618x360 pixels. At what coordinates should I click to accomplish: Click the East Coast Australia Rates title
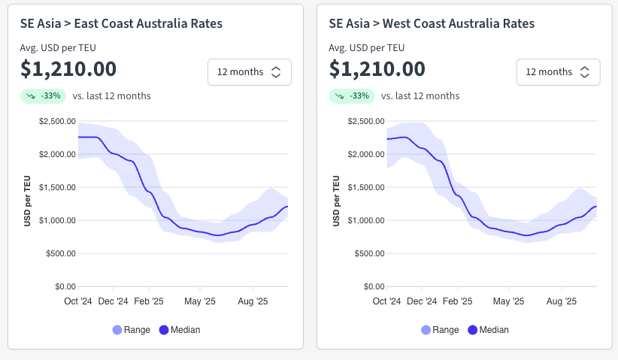(121, 24)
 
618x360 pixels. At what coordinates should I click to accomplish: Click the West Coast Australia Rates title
(432, 24)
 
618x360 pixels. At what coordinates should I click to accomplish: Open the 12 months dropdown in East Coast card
(249, 72)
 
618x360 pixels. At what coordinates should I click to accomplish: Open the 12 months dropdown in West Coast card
(557, 72)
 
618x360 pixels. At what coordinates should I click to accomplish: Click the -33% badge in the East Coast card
(44, 96)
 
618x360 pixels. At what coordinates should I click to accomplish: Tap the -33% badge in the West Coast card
(352, 96)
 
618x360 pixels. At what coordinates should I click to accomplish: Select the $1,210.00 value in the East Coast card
(68, 69)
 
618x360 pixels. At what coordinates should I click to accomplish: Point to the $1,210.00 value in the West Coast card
(377, 69)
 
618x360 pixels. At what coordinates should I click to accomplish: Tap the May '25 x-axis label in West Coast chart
(509, 301)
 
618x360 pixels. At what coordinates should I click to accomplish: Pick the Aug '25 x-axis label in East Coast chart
(253, 301)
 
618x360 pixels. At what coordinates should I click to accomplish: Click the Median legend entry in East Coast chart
(180, 330)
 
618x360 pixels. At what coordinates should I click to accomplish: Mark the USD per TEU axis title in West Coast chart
(335, 201)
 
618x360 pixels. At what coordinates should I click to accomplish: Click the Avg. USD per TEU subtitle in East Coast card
(58, 48)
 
